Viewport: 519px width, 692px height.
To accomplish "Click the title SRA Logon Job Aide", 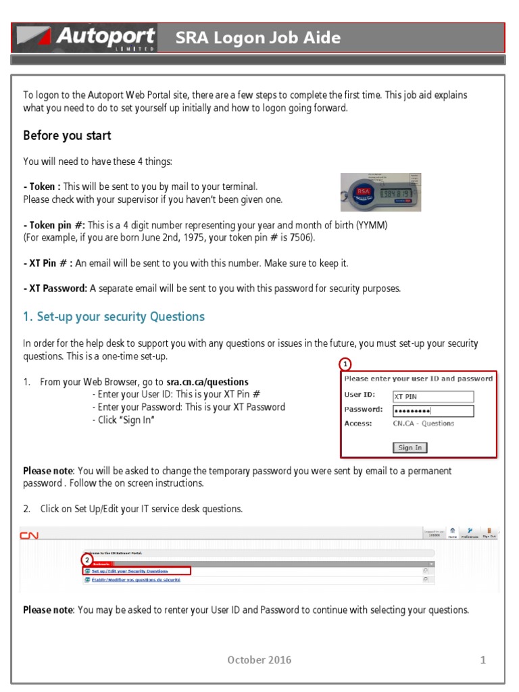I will click(x=257, y=38).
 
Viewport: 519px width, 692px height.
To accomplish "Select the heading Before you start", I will click(x=67, y=136).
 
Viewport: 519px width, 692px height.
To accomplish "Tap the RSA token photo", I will click(x=380, y=192).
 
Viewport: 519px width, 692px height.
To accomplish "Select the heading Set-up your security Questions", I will click(x=114, y=317).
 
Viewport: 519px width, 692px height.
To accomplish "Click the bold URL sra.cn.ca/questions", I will click(x=207, y=382).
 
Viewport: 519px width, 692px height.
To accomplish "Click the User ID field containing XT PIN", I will click(x=432, y=397).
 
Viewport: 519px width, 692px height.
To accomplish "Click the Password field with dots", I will click(x=432, y=411).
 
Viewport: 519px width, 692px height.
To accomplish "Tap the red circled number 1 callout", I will click(x=345, y=364).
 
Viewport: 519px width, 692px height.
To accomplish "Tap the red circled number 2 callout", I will click(x=86, y=560).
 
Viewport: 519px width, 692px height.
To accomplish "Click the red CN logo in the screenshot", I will click(x=28, y=535).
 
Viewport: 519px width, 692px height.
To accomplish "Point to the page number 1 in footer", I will click(x=483, y=660).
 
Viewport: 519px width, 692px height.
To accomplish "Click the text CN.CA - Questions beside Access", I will click(x=423, y=424).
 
